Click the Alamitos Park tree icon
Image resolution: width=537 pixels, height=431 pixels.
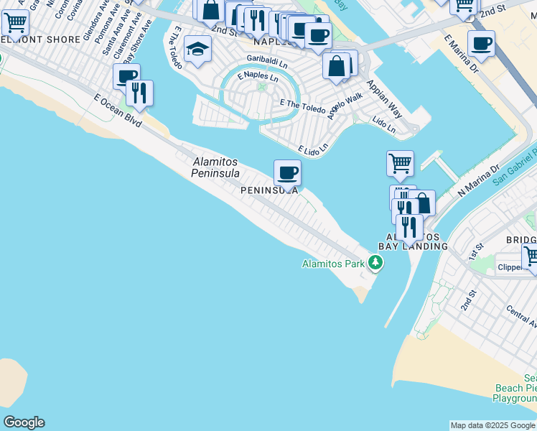(375, 264)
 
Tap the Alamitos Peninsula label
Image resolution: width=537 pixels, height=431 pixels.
(215, 167)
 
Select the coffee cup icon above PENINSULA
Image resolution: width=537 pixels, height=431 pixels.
(287, 172)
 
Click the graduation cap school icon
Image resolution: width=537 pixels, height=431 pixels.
(197, 50)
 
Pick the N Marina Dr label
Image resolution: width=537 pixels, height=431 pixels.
(478, 181)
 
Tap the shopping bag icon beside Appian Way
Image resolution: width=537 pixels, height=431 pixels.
(336, 66)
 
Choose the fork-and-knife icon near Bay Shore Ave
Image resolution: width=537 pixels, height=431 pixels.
(139, 93)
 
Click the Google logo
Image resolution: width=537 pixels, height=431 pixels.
(24, 422)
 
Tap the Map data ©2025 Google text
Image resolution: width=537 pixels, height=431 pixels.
(492, 425)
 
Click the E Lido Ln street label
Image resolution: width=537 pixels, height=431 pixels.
(313, 148)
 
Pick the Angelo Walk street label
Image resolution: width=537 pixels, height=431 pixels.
(345, 106)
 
